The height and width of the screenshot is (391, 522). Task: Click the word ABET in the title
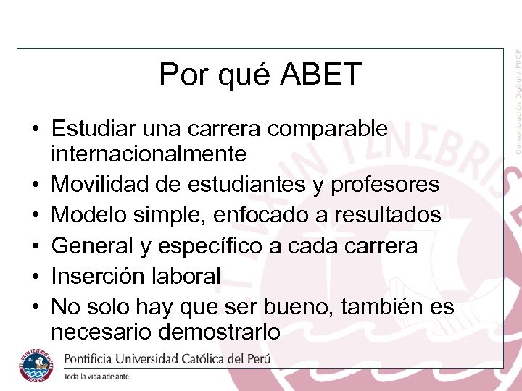point(320,74)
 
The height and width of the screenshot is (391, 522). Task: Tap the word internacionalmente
point(149,154)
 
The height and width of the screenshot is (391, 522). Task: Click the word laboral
point(186,276)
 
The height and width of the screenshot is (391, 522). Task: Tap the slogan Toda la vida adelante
point(97,377)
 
